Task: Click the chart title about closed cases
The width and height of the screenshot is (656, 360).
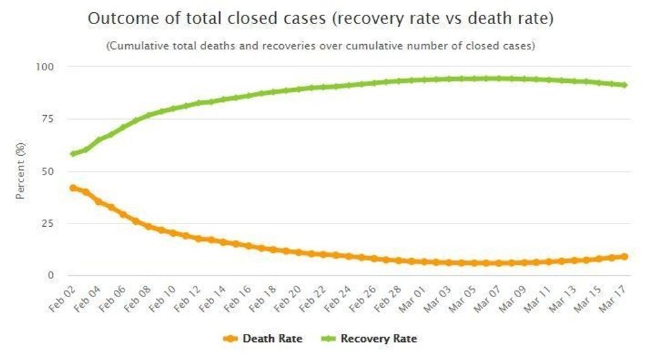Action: (x=321, y=19)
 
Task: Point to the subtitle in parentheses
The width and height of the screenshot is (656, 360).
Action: (x=321, y=46)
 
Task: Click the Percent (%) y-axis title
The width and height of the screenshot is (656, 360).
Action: (x=21, y=171)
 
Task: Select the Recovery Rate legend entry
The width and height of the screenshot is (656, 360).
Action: (x=370, y=339)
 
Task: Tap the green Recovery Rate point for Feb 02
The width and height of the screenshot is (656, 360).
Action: (x=73, y=154)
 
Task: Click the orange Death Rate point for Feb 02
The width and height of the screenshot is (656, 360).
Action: (x=73, y=188)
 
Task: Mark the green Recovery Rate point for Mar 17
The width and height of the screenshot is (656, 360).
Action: (x=624, y=85)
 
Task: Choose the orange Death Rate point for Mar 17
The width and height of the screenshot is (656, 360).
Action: (x=624, y=256)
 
